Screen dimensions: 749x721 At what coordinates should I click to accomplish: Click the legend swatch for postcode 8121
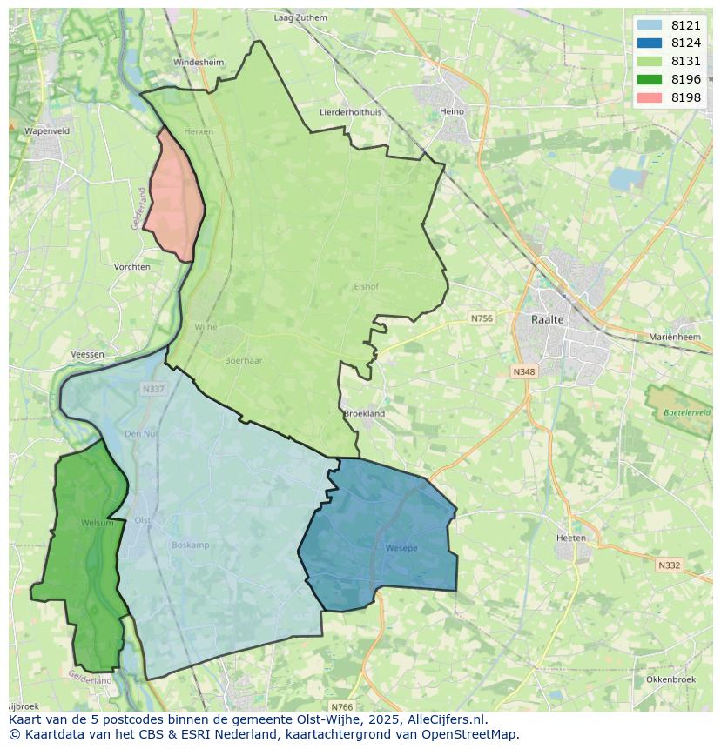pos(649,25)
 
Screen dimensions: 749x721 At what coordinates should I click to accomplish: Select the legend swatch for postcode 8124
pos(649,43)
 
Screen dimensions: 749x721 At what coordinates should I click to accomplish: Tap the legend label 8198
pos(685,97)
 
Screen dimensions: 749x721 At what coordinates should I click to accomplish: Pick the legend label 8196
pos(685,79)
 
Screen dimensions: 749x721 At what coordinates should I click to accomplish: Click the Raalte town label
pos(548,319)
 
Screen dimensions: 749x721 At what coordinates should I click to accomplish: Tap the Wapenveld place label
pos(47,130)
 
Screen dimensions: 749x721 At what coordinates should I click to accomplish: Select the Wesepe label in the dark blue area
pos(401,548)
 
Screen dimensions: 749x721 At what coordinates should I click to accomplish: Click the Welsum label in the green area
pos(97,523)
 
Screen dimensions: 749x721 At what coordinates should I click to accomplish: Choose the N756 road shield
pos(482,318)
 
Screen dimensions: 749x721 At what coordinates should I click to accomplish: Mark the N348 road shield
pos(523,371)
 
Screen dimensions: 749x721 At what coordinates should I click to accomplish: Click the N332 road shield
pos(669,565)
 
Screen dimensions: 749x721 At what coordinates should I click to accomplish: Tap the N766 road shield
pos(342,707)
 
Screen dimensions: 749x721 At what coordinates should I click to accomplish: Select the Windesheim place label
pos(199,63)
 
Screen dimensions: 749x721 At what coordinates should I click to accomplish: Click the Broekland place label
pos(364,414)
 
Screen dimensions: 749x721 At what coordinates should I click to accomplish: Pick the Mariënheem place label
pos(675,337)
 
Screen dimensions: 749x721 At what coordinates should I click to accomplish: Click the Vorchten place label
pos(131,267)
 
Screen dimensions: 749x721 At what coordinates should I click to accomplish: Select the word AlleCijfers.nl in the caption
pos(446,719)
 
